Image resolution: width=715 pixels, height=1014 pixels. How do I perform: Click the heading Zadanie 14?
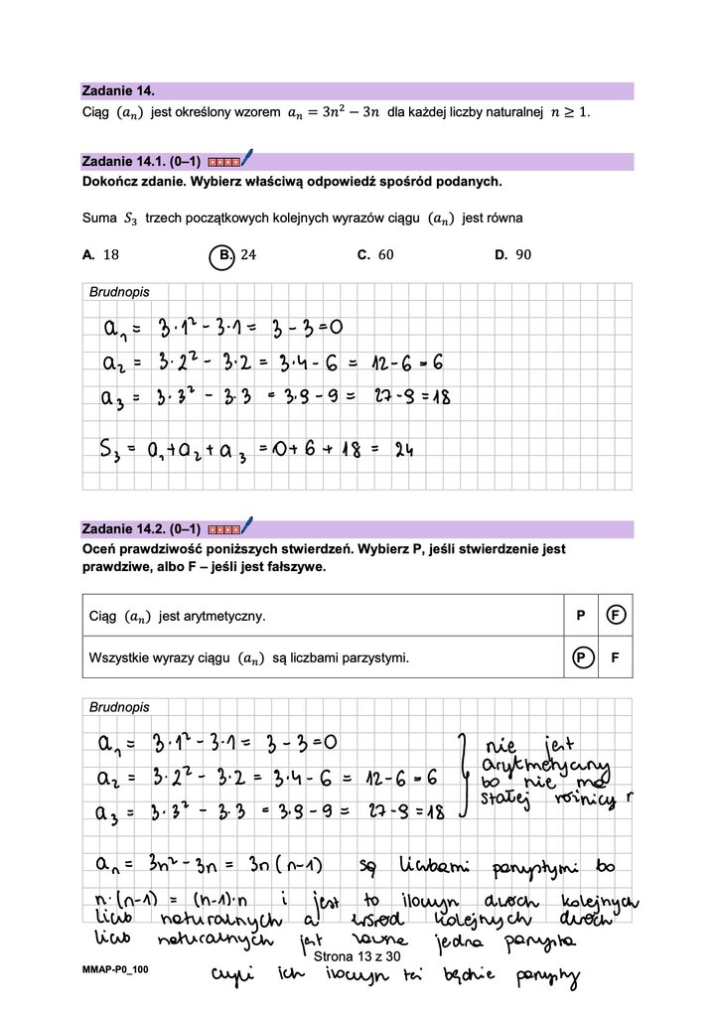[118, 90]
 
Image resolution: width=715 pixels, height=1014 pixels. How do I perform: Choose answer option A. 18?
[101, 254]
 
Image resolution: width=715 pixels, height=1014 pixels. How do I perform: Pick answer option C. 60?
[375, 254]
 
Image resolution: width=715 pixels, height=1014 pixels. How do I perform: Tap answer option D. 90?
[512, 254]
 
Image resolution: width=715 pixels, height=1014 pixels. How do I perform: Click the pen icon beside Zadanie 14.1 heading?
[246, 158]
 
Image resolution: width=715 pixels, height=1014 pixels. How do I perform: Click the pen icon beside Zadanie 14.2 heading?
[246, 525]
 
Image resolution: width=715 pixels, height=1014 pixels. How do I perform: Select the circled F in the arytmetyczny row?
[616, 616]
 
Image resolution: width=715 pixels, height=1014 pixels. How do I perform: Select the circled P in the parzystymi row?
[581, 657]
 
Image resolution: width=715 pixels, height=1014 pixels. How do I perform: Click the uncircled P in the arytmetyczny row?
[581, 616]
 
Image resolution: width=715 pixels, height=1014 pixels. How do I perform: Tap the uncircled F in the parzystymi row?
[616, 657]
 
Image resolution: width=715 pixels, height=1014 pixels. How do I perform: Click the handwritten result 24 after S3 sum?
[403, 450]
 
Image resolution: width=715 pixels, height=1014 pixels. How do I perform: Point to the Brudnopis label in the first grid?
[119, 292]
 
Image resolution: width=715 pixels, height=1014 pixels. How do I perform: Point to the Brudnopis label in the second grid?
[119, 707]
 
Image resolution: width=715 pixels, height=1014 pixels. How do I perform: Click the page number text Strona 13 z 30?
[356, 955]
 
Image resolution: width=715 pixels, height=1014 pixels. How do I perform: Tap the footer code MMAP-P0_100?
[115, 968]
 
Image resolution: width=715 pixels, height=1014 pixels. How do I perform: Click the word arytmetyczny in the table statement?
[224, 617]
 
